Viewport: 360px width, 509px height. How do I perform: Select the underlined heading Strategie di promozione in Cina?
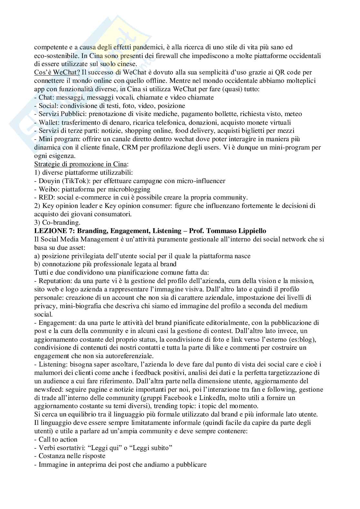pyautogui.click(x=81, y=164)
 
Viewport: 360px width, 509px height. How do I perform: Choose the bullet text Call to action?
pyautogui.click(x=58, y=439)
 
